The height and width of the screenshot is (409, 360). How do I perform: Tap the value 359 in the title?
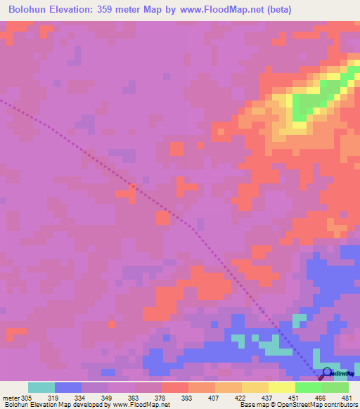pos(117,11)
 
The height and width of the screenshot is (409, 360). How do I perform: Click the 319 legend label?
pos(54,398)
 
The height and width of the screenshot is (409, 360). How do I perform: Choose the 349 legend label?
pos(108,398)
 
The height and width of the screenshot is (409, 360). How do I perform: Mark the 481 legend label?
pos(347,398)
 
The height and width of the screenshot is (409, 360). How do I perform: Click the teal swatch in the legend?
pos(41,387)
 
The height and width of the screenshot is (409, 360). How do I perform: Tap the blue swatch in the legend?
pos(68,387)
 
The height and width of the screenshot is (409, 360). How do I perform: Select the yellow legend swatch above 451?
pos(282,387)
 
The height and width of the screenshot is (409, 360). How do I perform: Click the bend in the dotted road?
pos(190,226)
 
